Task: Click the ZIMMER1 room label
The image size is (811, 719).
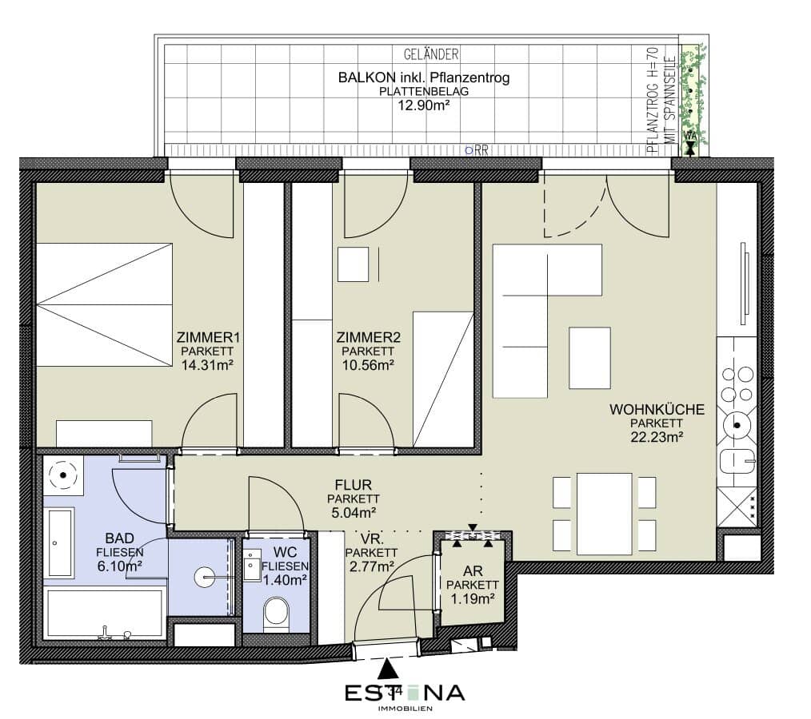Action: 208,338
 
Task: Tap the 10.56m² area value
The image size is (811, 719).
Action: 368,365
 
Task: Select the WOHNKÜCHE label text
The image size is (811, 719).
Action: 657,410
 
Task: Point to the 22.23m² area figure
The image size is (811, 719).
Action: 657,437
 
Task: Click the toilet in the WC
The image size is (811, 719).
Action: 276,614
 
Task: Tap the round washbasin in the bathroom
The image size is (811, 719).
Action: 205,577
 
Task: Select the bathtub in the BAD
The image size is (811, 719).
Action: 106,614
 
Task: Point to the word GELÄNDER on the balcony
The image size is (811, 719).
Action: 431,54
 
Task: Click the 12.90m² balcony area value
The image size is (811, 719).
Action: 423,105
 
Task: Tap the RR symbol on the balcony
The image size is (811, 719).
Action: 477,150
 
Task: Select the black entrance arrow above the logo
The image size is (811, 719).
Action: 387,669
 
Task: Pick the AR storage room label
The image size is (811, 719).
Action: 473,570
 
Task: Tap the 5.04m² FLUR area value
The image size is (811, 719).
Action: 354,512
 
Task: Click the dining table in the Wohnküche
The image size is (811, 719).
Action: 604,514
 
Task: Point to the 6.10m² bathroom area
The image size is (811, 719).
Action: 119,566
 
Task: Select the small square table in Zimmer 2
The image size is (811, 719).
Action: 353,264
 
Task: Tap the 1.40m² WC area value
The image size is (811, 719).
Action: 285,579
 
